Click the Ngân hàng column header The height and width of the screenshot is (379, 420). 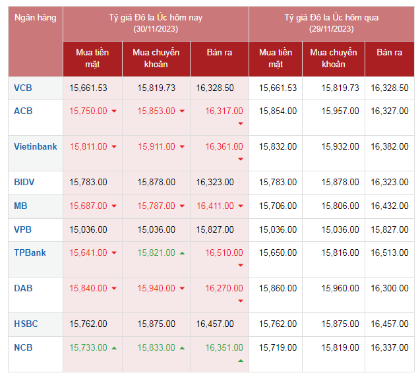36,18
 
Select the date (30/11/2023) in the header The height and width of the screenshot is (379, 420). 156,29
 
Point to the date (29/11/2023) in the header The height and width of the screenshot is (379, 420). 332,29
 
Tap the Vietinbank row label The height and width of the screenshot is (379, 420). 36,147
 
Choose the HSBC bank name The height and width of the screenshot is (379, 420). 26,324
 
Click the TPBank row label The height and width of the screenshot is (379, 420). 30,252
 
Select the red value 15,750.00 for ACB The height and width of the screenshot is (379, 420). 88,111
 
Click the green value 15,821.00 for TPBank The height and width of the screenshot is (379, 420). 156,252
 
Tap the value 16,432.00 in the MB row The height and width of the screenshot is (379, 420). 390,206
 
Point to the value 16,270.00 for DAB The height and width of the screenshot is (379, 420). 224,288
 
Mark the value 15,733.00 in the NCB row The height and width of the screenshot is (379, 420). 88,347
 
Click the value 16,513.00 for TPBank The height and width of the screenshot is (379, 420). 390,252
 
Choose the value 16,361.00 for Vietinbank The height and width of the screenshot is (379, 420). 224,147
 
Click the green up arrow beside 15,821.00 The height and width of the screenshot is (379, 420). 182,253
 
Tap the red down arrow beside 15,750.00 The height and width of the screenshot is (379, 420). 113,111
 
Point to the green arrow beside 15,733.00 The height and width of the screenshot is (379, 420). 113,348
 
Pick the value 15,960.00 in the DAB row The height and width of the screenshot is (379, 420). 340,288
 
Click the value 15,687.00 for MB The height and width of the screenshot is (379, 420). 88,206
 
